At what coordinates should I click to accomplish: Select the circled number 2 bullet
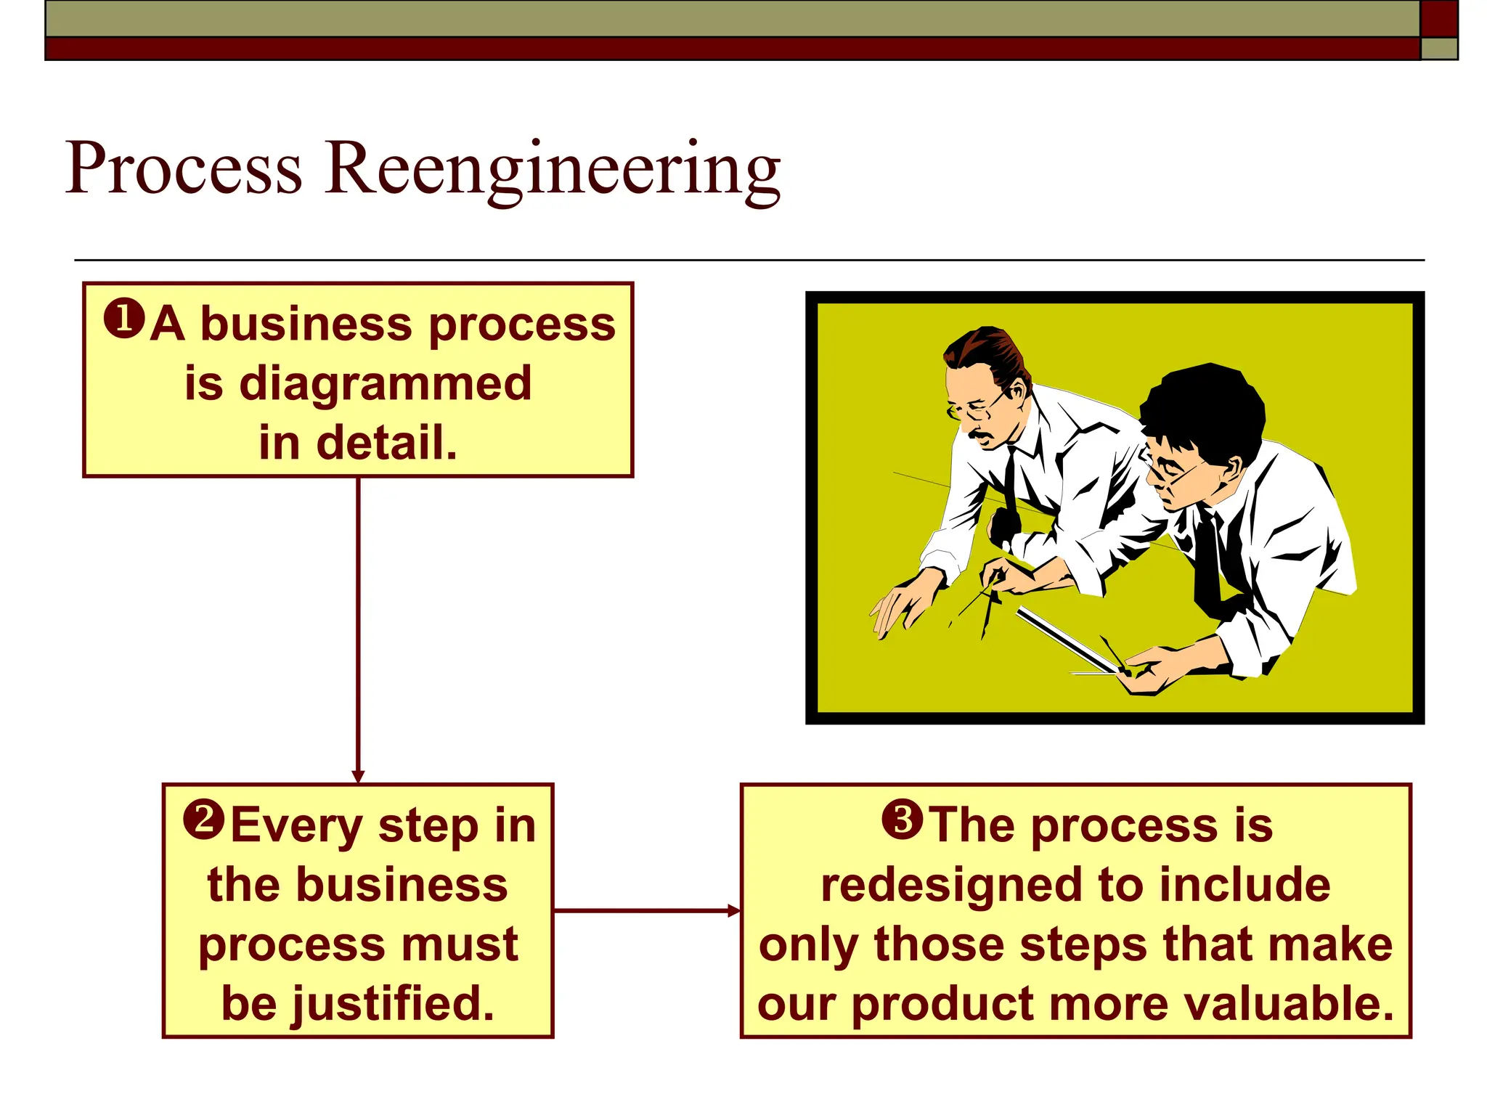point(204,820)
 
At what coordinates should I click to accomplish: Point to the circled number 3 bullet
point(902,820)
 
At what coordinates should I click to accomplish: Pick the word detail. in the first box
point(358,443)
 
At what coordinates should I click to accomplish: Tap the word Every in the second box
point(296,826)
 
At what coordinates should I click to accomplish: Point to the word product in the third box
point(942,1005)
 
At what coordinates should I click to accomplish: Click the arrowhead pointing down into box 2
point(358,776)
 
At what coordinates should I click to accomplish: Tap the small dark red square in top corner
point(1438,18)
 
